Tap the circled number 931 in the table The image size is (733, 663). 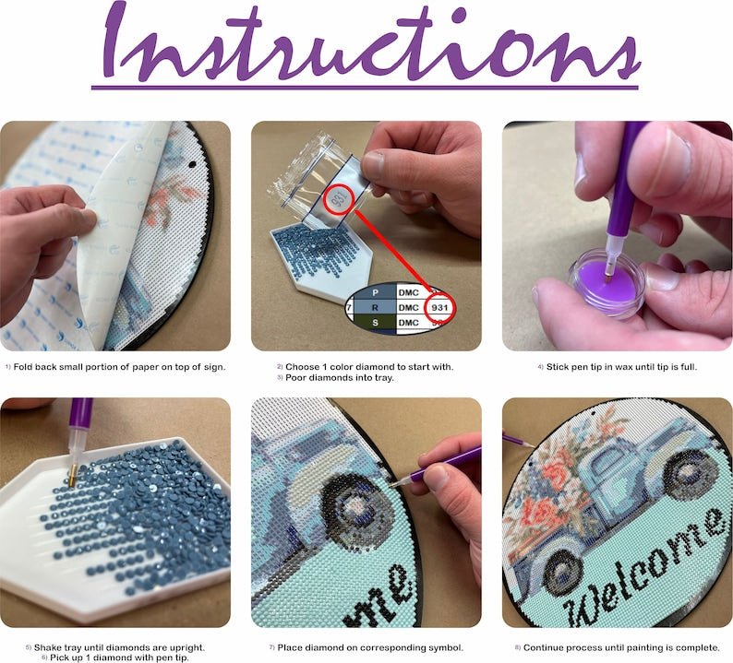[x=439, y=307]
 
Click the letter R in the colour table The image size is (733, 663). [x=375, y=308]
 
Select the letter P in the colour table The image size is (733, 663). [x=375, y=292]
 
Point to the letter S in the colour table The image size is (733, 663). [x=375, y=323]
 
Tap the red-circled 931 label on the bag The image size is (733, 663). [x=339, y=200]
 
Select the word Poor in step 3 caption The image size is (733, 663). [x=294, y=378]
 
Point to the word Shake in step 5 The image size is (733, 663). [x=47, y=647]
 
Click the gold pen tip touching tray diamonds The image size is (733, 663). [x=72, y=475]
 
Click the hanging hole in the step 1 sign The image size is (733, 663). [x=192, y=164]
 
